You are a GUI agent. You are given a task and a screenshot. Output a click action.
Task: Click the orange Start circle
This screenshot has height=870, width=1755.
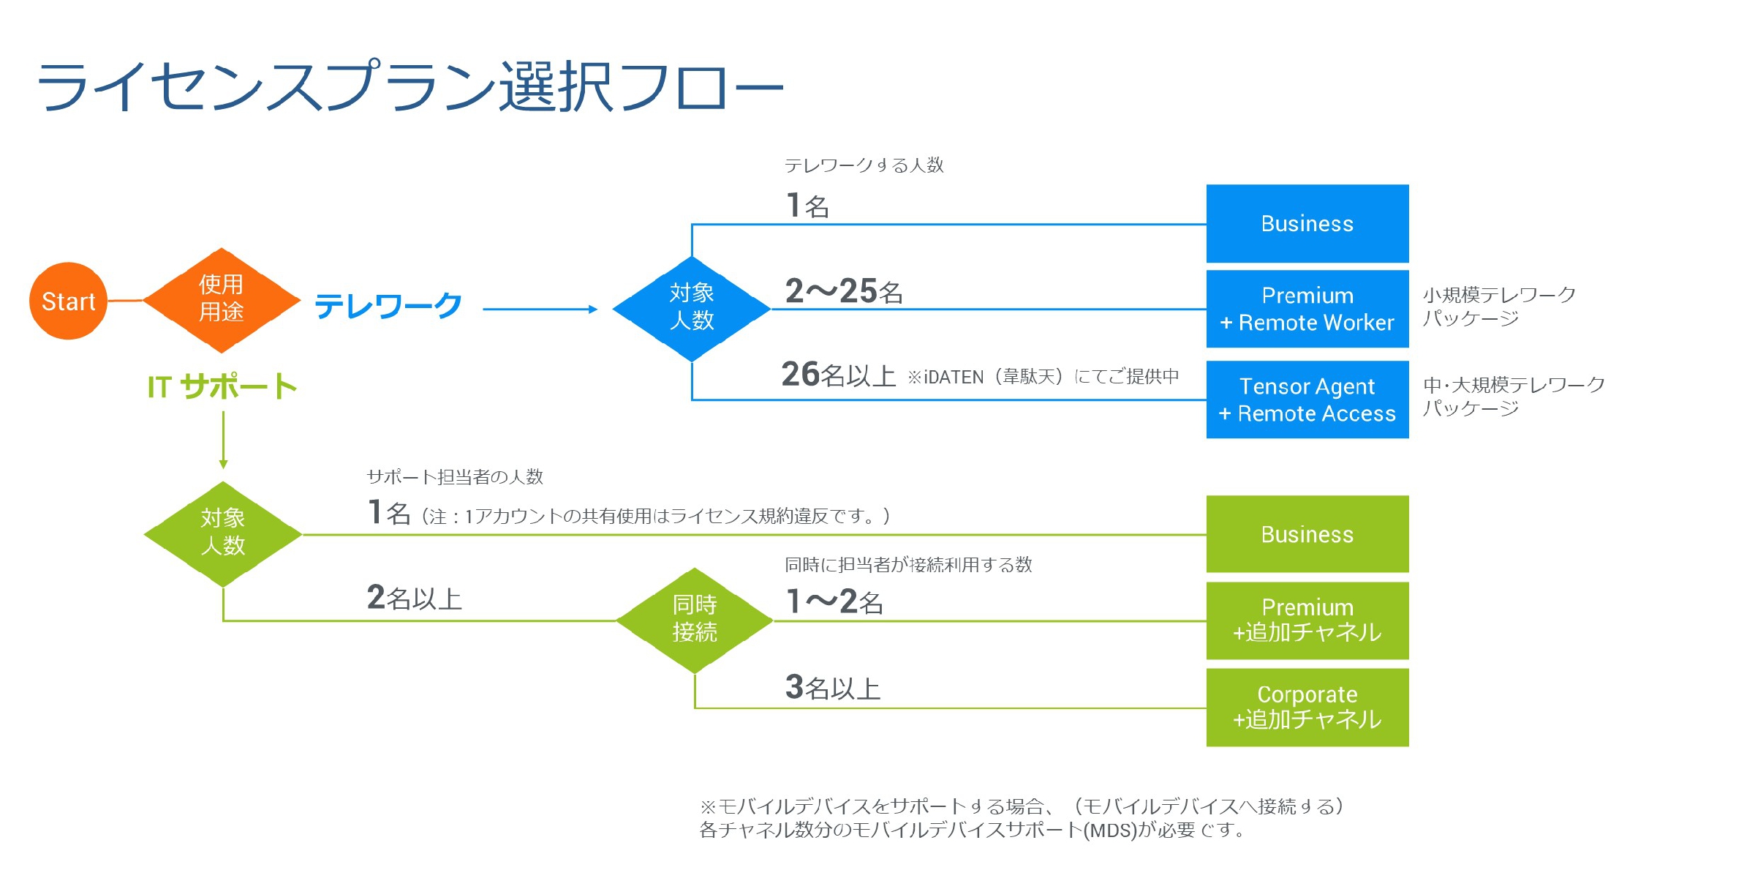point(68,301)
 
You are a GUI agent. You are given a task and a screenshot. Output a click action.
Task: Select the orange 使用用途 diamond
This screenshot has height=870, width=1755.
point(222,300)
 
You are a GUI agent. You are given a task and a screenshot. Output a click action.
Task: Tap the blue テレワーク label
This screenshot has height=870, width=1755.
point(388,306)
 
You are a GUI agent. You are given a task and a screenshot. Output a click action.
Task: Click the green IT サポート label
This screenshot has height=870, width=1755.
point(222,386)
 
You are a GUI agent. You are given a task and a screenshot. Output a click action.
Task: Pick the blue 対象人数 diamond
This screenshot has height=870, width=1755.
point(692,308)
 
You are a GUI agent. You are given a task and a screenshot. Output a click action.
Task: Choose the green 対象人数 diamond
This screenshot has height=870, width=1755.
point(223,533)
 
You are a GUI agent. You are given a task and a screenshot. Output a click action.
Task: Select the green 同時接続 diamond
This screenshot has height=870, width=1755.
point(695,620)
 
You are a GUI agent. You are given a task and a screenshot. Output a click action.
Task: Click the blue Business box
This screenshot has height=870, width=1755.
point(1307,223)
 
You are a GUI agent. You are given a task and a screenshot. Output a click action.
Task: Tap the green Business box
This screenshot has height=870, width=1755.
point(1307,534)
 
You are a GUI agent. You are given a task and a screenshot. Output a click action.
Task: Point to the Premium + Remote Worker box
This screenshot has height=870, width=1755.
point(1307,309)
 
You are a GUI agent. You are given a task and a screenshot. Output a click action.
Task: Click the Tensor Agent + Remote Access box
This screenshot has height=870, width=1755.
point(1307,400)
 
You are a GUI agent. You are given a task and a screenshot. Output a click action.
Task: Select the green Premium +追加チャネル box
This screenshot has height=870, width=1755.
point(1307,620)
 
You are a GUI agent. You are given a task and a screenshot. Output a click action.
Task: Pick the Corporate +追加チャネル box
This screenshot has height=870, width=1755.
point(1307,707)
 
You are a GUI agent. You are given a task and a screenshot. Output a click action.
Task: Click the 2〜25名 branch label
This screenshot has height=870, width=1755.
point(843,291)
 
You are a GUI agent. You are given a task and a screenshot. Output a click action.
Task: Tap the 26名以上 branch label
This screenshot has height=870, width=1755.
point(838,375)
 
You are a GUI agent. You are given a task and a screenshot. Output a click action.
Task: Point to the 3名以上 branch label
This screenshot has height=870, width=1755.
point(832,688)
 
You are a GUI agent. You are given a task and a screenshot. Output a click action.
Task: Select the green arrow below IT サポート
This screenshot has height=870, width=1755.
point(223,439)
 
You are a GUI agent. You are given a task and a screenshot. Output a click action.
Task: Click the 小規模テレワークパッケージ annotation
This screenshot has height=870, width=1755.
point(1498,307)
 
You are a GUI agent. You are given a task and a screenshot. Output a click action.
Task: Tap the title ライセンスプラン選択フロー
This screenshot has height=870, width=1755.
point(409,86)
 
